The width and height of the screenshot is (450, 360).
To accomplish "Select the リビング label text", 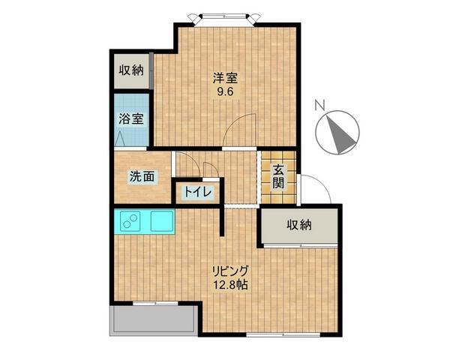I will (229, 271).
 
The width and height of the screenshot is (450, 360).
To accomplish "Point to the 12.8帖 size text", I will (229, 286).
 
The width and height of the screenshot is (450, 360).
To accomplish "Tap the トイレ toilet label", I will (196, 193).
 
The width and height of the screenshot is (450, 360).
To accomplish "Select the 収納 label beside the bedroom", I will (130, 71).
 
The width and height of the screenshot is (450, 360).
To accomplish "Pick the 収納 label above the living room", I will (298, 224).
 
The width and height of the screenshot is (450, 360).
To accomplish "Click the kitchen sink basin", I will (161, 222).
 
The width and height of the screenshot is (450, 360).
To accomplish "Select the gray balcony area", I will (154, 320).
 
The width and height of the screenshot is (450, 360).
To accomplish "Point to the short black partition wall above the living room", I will (222, 221).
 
